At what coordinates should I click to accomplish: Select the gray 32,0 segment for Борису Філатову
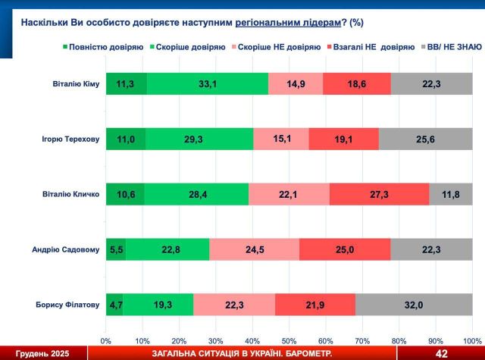(x=414, y=304)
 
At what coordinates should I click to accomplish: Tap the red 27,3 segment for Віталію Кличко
(x=379, y=194)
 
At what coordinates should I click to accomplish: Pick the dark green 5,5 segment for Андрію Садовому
(x=116, y=249)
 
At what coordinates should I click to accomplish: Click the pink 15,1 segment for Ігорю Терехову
(x=281, y=139)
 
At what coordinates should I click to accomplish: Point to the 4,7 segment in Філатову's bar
(x=114, y=304)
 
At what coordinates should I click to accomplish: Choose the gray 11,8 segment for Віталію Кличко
(x=451, y=194)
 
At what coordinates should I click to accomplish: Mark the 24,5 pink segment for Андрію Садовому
(x=254, y=249)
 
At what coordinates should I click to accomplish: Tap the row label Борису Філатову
(x=67, y=305)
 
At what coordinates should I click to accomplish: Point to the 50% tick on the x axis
(x=289, y=340)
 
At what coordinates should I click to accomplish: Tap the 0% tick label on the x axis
(x=106, y=340)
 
